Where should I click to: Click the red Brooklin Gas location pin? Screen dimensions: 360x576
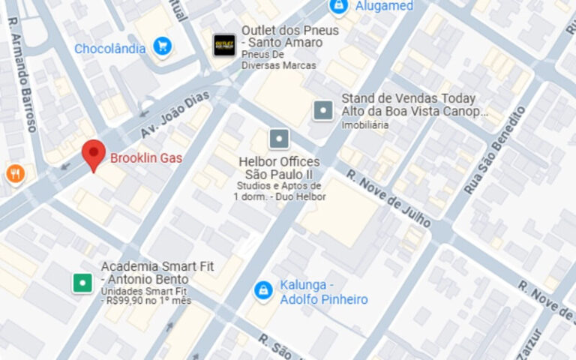pos(93,153)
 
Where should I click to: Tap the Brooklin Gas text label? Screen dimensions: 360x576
pos(146,158)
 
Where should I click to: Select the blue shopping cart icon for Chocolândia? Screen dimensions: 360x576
pos(162,47)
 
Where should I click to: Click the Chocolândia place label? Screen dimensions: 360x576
pos(109,49)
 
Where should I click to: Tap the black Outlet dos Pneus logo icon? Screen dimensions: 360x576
pos(224,45)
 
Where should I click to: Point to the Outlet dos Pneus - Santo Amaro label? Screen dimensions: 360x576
pos(289,37)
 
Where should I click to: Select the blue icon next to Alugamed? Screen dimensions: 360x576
pos(339,6)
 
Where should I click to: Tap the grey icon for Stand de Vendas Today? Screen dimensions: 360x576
pos(323,110)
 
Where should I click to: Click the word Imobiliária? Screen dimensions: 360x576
pos(365,125)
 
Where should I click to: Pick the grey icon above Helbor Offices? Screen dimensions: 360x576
pos(279,139)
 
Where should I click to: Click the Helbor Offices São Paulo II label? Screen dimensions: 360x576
pos(279,168)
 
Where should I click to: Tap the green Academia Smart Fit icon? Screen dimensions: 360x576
pos(82,283)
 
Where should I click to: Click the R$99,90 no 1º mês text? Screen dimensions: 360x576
pos(146,300)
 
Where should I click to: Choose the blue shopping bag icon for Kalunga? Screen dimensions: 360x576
pos(262,289)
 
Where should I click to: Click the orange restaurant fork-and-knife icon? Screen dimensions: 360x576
pos(15,174)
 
